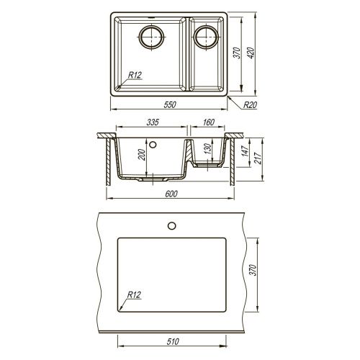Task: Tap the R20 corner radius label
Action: coord(250,105)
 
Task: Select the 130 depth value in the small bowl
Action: coord(207,149)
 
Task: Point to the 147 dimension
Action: coord(246,151)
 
